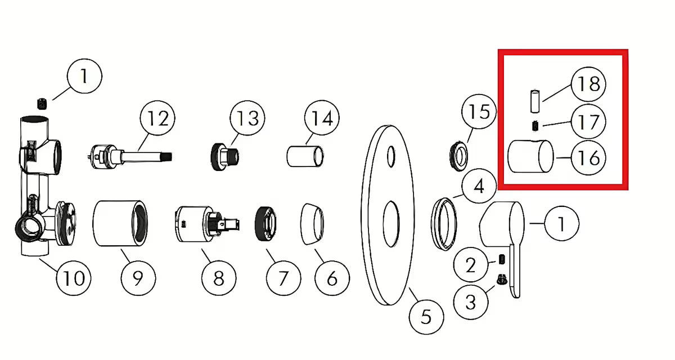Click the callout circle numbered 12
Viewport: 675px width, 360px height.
tap(157, 119)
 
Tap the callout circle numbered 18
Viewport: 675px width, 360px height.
tap(588, 84)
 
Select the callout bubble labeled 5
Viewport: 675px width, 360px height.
tap(426, 316)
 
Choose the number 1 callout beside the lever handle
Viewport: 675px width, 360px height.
tap(561, 224)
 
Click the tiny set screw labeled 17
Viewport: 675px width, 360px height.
tap(536, 125)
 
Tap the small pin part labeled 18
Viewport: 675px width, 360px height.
tap(535, 100)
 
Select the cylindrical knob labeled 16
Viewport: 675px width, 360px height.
tap(530, 157)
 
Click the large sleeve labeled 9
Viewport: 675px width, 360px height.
tap(121, 223)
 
